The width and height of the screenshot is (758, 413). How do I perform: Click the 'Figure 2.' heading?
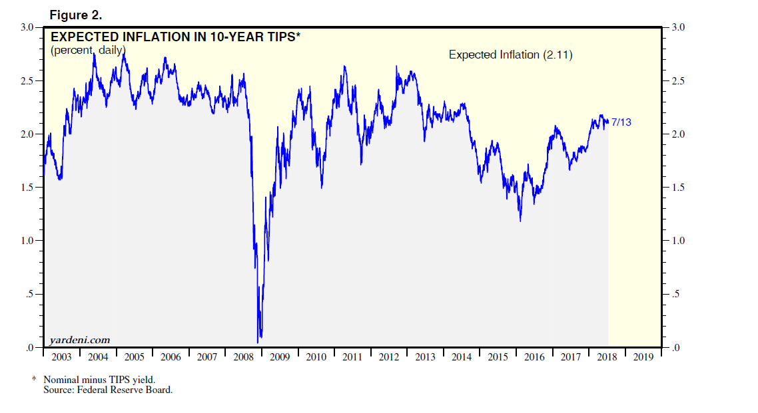[x=76, y=15]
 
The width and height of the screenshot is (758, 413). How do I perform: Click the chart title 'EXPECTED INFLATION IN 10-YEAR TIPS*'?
[x=175, y=37]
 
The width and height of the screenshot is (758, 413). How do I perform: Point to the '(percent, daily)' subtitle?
[x=88, y=50]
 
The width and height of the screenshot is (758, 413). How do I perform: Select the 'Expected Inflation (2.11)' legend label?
[x=510, y=55]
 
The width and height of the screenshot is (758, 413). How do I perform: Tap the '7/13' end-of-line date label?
[x=621, y=122]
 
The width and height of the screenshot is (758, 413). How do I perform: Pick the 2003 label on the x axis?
[x=61, y=357]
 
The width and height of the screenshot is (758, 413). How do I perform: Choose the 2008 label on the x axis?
[x=244, y=357]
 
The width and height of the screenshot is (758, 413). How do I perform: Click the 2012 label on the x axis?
[x=389, y=357]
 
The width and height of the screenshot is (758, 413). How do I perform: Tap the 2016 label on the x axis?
[x=534, y=357]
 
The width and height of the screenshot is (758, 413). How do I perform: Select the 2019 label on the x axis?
[x=643, y=357]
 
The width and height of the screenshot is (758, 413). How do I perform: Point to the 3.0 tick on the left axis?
[x=27, y=27]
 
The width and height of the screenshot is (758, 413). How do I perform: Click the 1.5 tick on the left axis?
[x=27, y=188]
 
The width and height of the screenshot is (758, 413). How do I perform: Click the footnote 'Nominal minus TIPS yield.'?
[x=100, y=380]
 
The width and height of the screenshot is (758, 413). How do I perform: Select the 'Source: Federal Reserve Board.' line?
[x=108, y=390]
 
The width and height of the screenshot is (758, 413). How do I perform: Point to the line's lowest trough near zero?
[x=258, y=339]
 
